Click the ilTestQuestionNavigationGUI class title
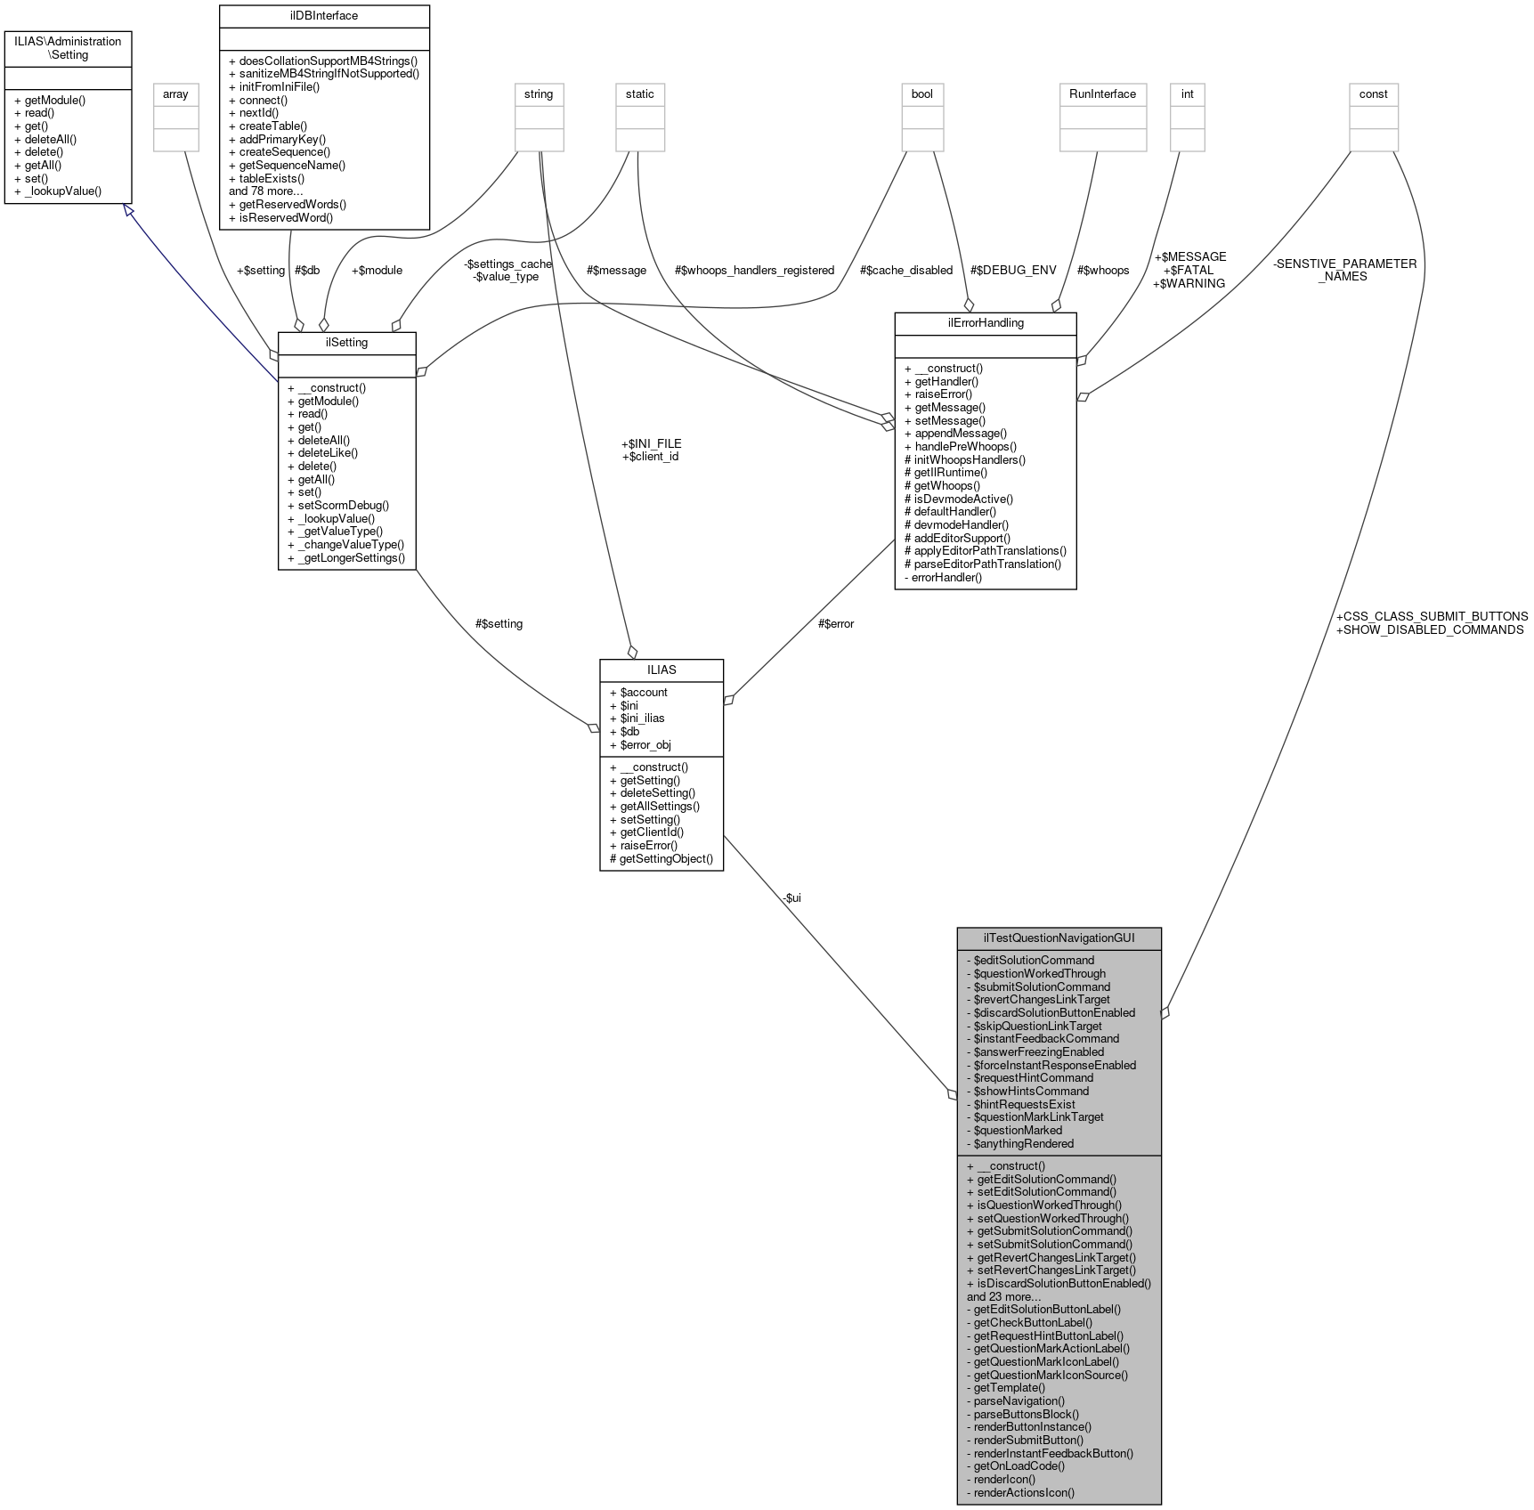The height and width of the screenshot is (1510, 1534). [1059, 938]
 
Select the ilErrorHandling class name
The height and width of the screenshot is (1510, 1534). [985, 322]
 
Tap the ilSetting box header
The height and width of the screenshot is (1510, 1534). [346, 342]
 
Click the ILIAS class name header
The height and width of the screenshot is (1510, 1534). [661, 670]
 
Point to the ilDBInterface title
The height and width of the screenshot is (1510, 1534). [324, 15]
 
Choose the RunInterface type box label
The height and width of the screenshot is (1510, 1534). [1102, 93]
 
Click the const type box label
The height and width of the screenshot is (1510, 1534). [1373, 93]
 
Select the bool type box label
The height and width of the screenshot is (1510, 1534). [921, 93]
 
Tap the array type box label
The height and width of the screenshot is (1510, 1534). [175, 93]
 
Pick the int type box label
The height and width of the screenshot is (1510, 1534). [1187, 93]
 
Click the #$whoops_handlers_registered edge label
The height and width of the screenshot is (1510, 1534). [754, 270]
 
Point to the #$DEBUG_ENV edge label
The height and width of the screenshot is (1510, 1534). [1013, 270]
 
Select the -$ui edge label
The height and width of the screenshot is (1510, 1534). [791, 897]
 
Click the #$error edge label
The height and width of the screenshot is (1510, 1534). [835, 623]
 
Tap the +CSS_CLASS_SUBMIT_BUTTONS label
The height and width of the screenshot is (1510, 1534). [1432, 616]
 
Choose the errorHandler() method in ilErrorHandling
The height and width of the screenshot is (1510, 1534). [946, 577]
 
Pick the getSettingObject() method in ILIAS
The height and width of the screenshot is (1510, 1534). [661, 858]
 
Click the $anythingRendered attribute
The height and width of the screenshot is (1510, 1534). [1023, 1143]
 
